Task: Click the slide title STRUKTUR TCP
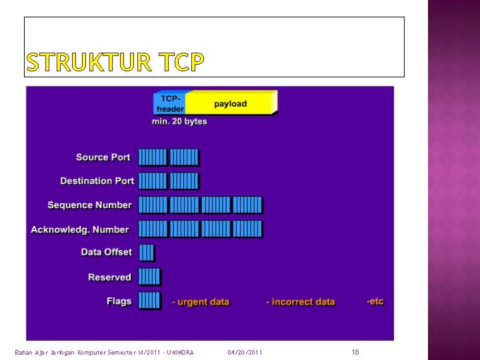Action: (115, 62)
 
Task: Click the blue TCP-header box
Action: (170, 103)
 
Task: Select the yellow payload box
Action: (230, 103)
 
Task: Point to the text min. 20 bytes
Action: (179, 121)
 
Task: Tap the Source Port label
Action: (103, 157)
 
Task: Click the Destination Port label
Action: (97, 181)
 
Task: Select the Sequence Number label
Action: (89, 205)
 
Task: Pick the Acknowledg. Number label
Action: (79, 229)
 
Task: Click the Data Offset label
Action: (106, 252)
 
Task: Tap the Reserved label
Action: (109, 277)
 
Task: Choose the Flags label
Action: (119, 301)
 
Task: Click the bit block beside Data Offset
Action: (146, 252)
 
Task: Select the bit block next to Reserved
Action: (149, 277)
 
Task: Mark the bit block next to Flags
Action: (149, 301)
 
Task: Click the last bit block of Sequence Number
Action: (247, 205)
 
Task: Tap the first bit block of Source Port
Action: (152, 157)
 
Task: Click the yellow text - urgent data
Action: (200, 302)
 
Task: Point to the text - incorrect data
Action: (300, 302)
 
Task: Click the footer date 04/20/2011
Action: (245, 352)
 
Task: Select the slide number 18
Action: (355, 351)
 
